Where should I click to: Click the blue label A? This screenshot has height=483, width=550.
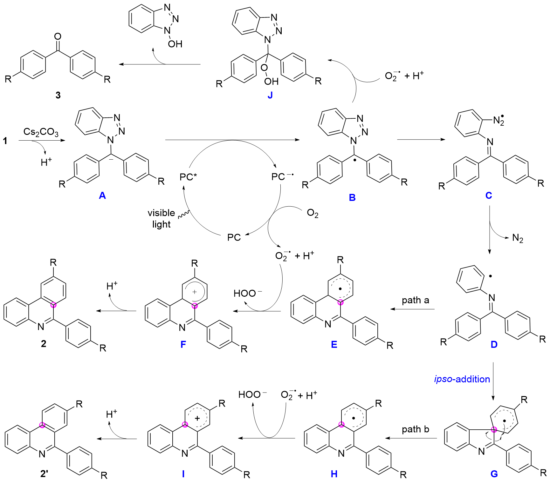[x=102, y=195]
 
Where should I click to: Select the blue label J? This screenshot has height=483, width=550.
[x=270, y=95]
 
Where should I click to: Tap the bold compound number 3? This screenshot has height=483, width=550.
[x=58, y=95]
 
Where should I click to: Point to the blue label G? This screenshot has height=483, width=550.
[x=494, y=474]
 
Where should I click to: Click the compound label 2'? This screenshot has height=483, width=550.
[x=44, y=474]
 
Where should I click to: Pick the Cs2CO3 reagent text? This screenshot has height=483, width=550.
[x=41, y=132]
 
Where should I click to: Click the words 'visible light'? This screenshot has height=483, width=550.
[x=162, y=218]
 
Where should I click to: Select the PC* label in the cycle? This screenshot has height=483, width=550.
[x=188, y=177]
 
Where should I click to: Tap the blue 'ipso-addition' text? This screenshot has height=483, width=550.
[x=462, y=379]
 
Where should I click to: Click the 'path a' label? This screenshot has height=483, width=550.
[x=415, y=300]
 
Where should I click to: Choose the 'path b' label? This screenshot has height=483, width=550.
[x=415, y=429]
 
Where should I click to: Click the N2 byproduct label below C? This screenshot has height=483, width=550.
[x=518, y=238]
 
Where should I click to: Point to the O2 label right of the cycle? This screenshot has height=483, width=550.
[x=313, y=213]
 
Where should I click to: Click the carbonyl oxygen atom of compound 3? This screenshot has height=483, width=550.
[x=58, y=36]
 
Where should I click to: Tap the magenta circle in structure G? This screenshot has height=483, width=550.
[x=494, y=430]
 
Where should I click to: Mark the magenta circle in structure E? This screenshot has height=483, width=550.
[x=340, y=302]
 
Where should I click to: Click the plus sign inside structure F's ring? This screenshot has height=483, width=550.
[x=195, y=292]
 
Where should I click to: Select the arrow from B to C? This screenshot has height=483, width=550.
[x=421, y=139]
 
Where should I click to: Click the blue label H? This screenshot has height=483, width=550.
[x=334, y=474]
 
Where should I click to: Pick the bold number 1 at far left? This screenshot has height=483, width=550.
[x=5, y=141]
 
